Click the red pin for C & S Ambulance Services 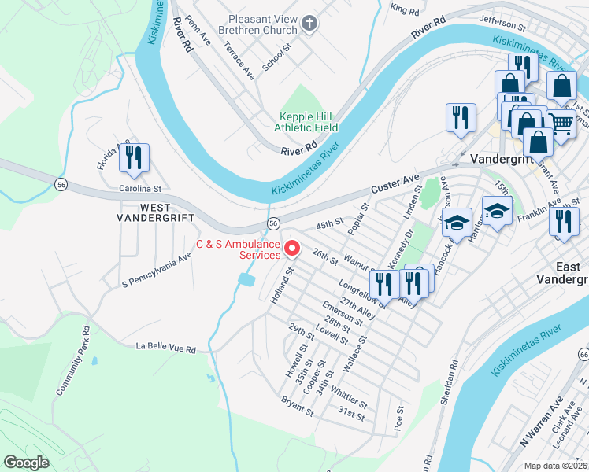(x=292, y=249)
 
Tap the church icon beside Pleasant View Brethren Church (x=309, y=24)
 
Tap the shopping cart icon (x=559, y=123)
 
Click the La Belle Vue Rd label (x=165, y=346)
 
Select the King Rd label (x=405, y=10)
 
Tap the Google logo (x=26, y=462)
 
